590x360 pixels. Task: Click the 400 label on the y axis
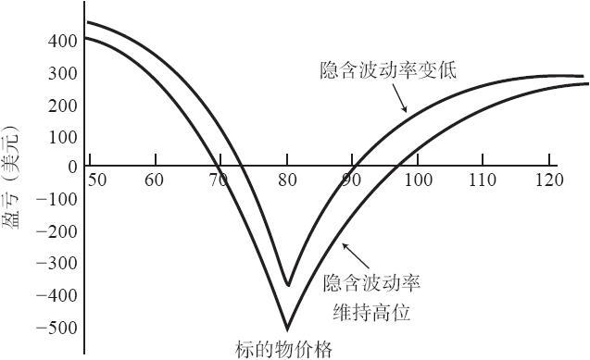62,42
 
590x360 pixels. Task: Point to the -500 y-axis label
56,329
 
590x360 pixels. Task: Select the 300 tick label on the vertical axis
62,74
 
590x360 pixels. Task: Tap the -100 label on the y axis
56,199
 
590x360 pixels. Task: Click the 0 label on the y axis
72,167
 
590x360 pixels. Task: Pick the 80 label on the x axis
287,180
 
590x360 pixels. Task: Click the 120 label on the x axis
549,180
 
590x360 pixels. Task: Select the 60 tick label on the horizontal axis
155,180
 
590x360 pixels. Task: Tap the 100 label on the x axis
418,180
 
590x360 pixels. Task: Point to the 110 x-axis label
483,180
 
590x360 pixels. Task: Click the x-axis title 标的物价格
284,350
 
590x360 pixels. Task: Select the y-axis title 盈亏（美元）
11,178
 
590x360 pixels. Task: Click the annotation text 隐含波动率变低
388,70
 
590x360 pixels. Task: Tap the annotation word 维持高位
371,313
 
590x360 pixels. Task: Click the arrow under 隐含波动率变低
399,98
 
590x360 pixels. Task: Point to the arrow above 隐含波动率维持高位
356,256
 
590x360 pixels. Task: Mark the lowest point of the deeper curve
287,330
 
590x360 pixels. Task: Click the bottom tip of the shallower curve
288,286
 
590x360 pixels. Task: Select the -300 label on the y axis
56,264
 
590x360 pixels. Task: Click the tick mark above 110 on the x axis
483,160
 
